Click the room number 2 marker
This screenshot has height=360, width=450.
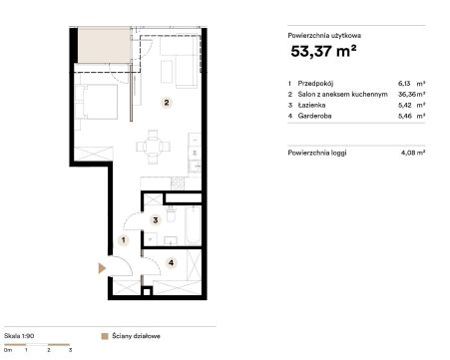(167, 103)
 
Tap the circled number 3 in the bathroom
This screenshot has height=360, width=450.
(156, 219)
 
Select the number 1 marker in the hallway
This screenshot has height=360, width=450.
(124, 239)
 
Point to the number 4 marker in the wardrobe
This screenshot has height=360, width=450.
(171, 263)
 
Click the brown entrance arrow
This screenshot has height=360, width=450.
(102, 268)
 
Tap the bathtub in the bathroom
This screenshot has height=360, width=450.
(193, 225)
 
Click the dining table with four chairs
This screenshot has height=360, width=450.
(153, 147)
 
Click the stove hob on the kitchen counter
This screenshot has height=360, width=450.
(178, 183)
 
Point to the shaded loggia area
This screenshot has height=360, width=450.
(104, 46)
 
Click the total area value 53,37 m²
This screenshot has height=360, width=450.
(323, 51)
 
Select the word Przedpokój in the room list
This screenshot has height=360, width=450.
(315, 84)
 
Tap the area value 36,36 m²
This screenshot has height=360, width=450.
(412, 95)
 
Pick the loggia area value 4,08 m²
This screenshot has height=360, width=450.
(413, 153)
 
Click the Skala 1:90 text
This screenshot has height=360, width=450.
(19, 336)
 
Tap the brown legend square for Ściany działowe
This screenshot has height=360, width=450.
(105, 336)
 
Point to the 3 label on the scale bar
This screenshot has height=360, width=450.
(70, 350)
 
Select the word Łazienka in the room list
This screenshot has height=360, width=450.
(311, 106)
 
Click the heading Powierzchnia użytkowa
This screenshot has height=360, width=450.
(324, 36)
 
